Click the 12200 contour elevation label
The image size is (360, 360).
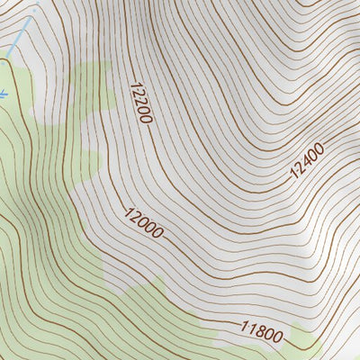[x=141, y=103]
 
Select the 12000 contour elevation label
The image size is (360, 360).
[x=144, y=223]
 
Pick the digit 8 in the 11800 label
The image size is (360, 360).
[x=256, y=330]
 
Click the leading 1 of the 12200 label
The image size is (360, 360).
[x=134, y=87]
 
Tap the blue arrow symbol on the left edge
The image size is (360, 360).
[x=3, y=92]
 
